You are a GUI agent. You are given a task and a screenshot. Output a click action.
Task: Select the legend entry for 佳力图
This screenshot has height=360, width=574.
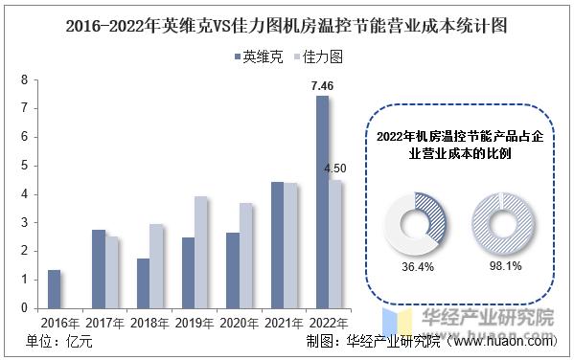point(316,57)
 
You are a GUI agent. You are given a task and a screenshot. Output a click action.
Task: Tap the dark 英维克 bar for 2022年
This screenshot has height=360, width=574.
point(322,202)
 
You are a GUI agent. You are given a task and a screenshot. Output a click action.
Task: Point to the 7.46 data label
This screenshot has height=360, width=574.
point(322,86)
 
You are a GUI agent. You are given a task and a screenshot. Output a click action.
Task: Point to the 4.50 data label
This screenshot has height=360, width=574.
point(336,169)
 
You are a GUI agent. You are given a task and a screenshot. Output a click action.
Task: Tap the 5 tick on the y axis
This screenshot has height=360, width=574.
point(24,166)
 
